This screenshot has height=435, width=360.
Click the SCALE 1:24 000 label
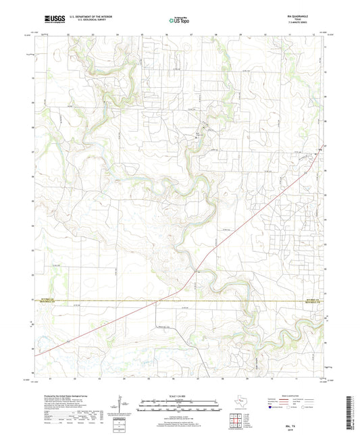180,395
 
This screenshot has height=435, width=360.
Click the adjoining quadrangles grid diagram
236,417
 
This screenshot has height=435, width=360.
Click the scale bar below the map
180,405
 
